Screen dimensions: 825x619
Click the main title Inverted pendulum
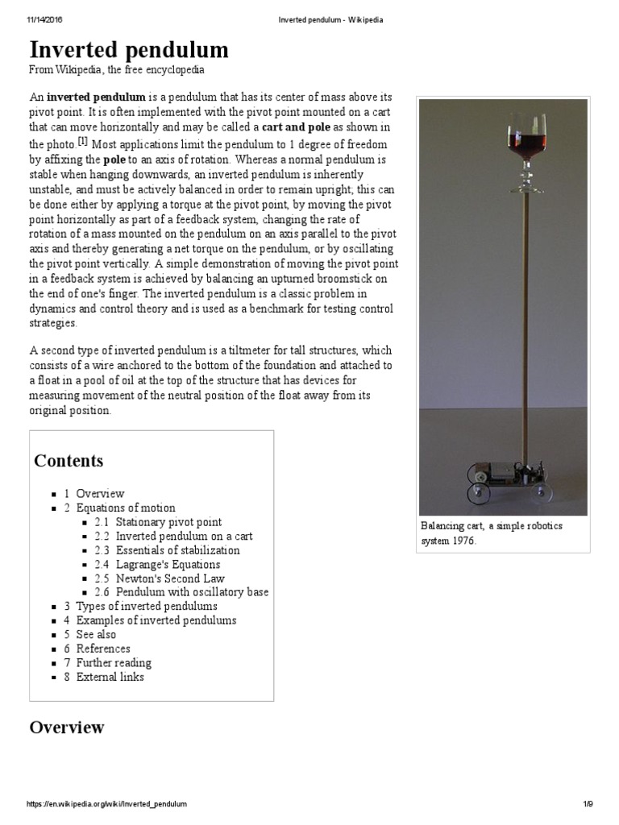pos(129,50)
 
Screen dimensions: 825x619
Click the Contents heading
pos(69,461)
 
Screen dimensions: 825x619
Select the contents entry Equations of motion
pos(125,508)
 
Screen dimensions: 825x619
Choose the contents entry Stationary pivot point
pos(168,522)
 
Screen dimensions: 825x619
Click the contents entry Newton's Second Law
pos(170,578)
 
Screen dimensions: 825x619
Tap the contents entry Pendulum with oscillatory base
pos(192,592)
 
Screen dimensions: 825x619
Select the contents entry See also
pos(96,634)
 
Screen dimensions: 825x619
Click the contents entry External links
pos(110,677)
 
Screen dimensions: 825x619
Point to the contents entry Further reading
pos(114,662)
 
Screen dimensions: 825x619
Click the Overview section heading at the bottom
pos(67,728)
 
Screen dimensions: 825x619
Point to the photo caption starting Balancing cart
pos(492,533)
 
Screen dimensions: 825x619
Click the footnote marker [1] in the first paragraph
pos(82,141)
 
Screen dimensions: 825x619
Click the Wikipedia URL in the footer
pos(107,804)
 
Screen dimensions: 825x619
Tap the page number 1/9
pos(588,804)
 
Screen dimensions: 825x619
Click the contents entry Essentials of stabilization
pos(177,550)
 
